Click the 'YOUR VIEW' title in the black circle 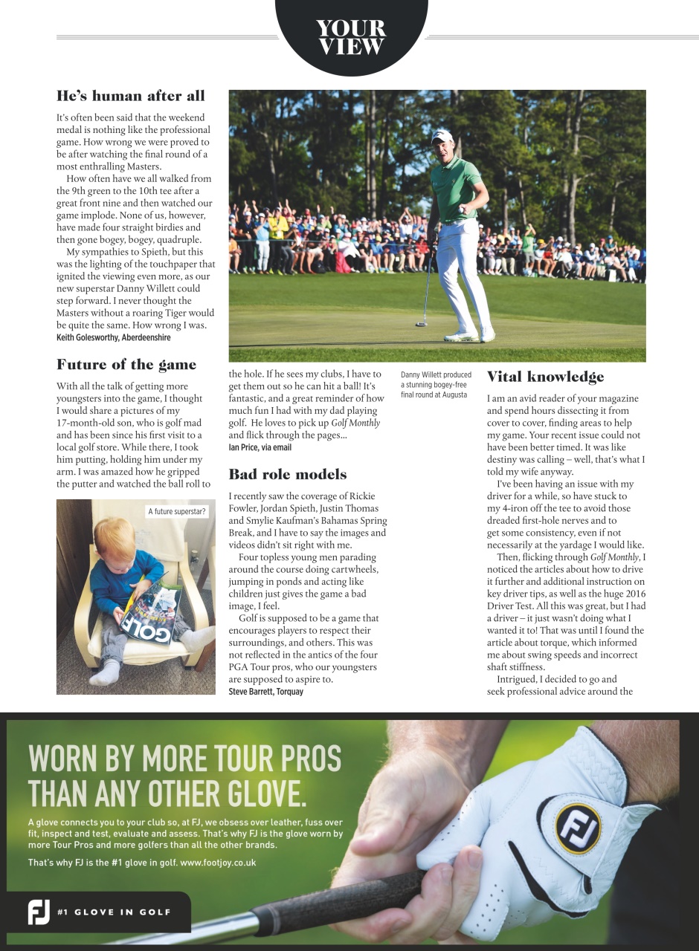[351, 37]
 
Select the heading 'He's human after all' [131, 96]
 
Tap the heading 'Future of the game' [126, 365]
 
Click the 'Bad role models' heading [288, 474]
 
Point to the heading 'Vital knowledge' [545, 377]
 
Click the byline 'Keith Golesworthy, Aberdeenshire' [114, 337]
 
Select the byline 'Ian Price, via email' [260, 447]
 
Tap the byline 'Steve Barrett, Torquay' [265, 691]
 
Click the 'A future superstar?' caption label [177, 511]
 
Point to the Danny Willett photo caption [437, 384]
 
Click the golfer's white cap [442, 137]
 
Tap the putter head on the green [422, 324]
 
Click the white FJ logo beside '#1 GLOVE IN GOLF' [38, 912]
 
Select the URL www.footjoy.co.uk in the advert [219, 863]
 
